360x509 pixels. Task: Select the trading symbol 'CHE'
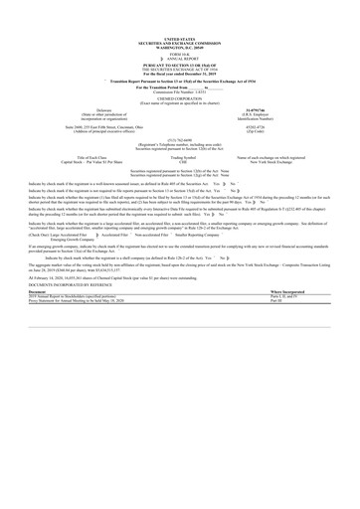pos(180,159)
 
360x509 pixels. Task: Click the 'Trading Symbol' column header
pos(180,155)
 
